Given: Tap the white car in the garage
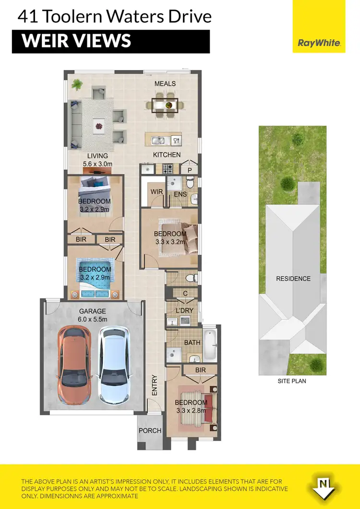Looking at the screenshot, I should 113,359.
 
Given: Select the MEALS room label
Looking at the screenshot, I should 165,83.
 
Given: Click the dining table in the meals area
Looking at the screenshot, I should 165,105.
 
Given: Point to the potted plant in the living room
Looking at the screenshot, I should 77,85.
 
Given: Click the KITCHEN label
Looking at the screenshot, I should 167,154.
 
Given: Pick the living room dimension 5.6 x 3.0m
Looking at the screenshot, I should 97,164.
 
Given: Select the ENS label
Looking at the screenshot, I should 180,194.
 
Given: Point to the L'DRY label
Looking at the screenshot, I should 184,310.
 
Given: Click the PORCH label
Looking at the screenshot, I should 150,430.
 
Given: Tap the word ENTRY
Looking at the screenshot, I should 155,385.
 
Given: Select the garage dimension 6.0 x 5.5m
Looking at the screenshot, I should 93,319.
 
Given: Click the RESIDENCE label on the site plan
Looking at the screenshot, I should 293,278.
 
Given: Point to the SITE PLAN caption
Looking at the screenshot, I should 292,381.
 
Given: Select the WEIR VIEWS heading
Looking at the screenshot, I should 77,41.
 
